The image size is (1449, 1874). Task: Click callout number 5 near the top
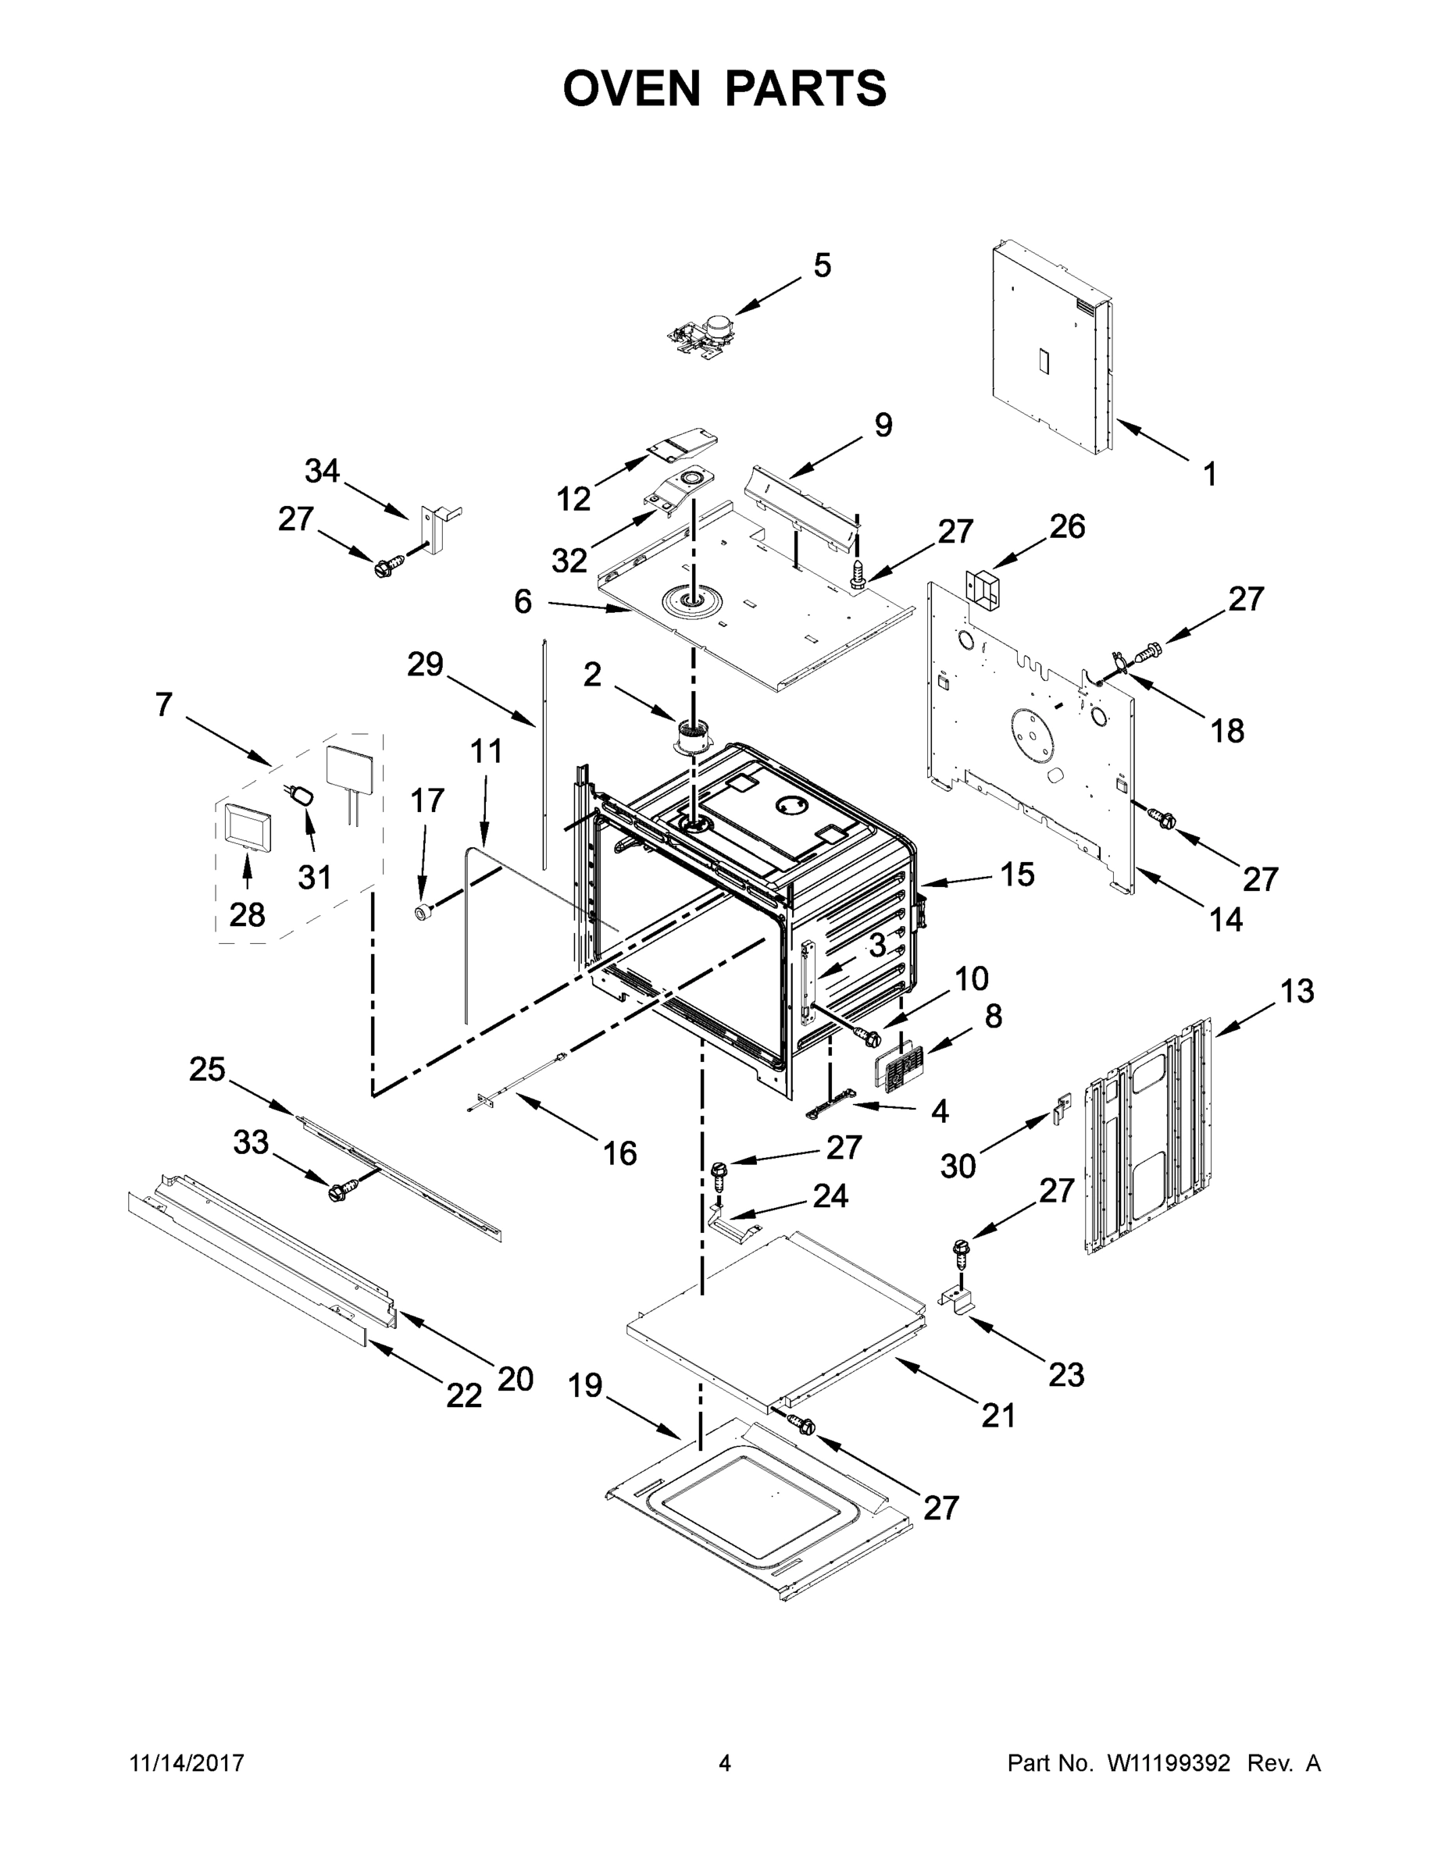pos(822,266)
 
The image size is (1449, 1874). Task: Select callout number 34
pos(323,471)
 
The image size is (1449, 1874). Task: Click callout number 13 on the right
pos(1296,992)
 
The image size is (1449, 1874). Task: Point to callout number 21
pos(998,1416)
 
